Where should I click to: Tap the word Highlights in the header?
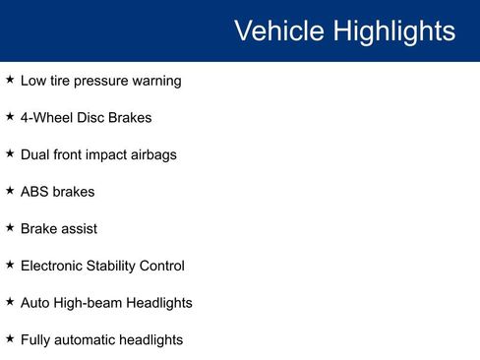(394, 30)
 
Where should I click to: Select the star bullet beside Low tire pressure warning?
(10, 80)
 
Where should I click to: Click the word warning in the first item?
(155, 81)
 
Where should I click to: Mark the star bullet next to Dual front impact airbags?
(10, 153)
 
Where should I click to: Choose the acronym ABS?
(35, 192)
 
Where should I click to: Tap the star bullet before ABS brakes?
(10, 191)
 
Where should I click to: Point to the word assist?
(78, 228)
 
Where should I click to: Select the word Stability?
(114, 266)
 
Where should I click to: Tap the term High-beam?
(90, 303)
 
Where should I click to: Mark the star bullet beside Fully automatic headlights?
(10, 338)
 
